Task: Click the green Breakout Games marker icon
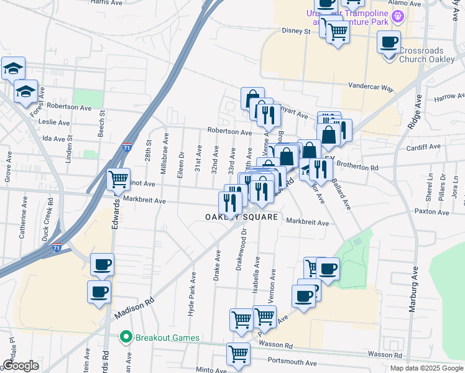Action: click(x=126, y=338)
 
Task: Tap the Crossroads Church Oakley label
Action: click(x=426, y=55)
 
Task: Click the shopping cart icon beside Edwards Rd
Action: click(x=118, y=180)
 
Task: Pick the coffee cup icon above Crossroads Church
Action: click(x=389, y=42)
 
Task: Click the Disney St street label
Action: click(x=295, y=30)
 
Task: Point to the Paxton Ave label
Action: click(x=431, y=212)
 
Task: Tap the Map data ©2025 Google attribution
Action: click(x=426, y=368)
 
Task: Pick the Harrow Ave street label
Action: click(x=449, y=98)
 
